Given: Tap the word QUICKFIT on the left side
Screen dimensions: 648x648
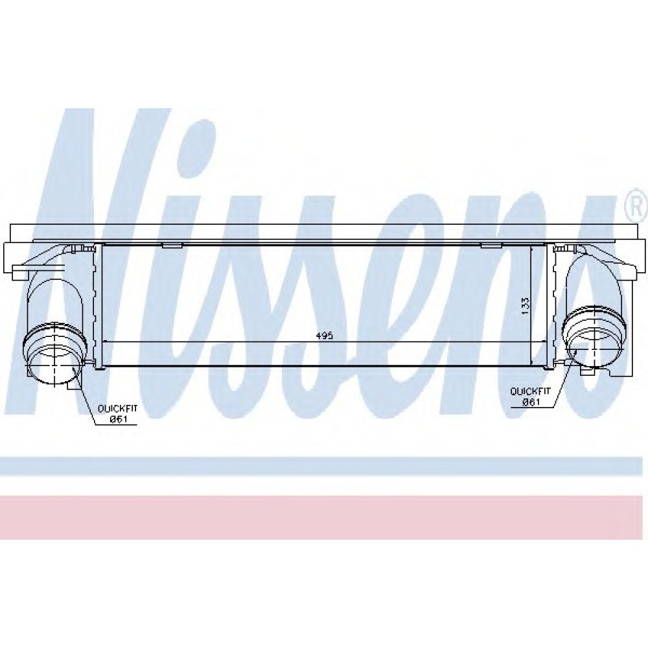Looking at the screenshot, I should click(x=117, y=408).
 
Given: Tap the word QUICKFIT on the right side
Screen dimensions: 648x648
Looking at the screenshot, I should click(x=530, y=391).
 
